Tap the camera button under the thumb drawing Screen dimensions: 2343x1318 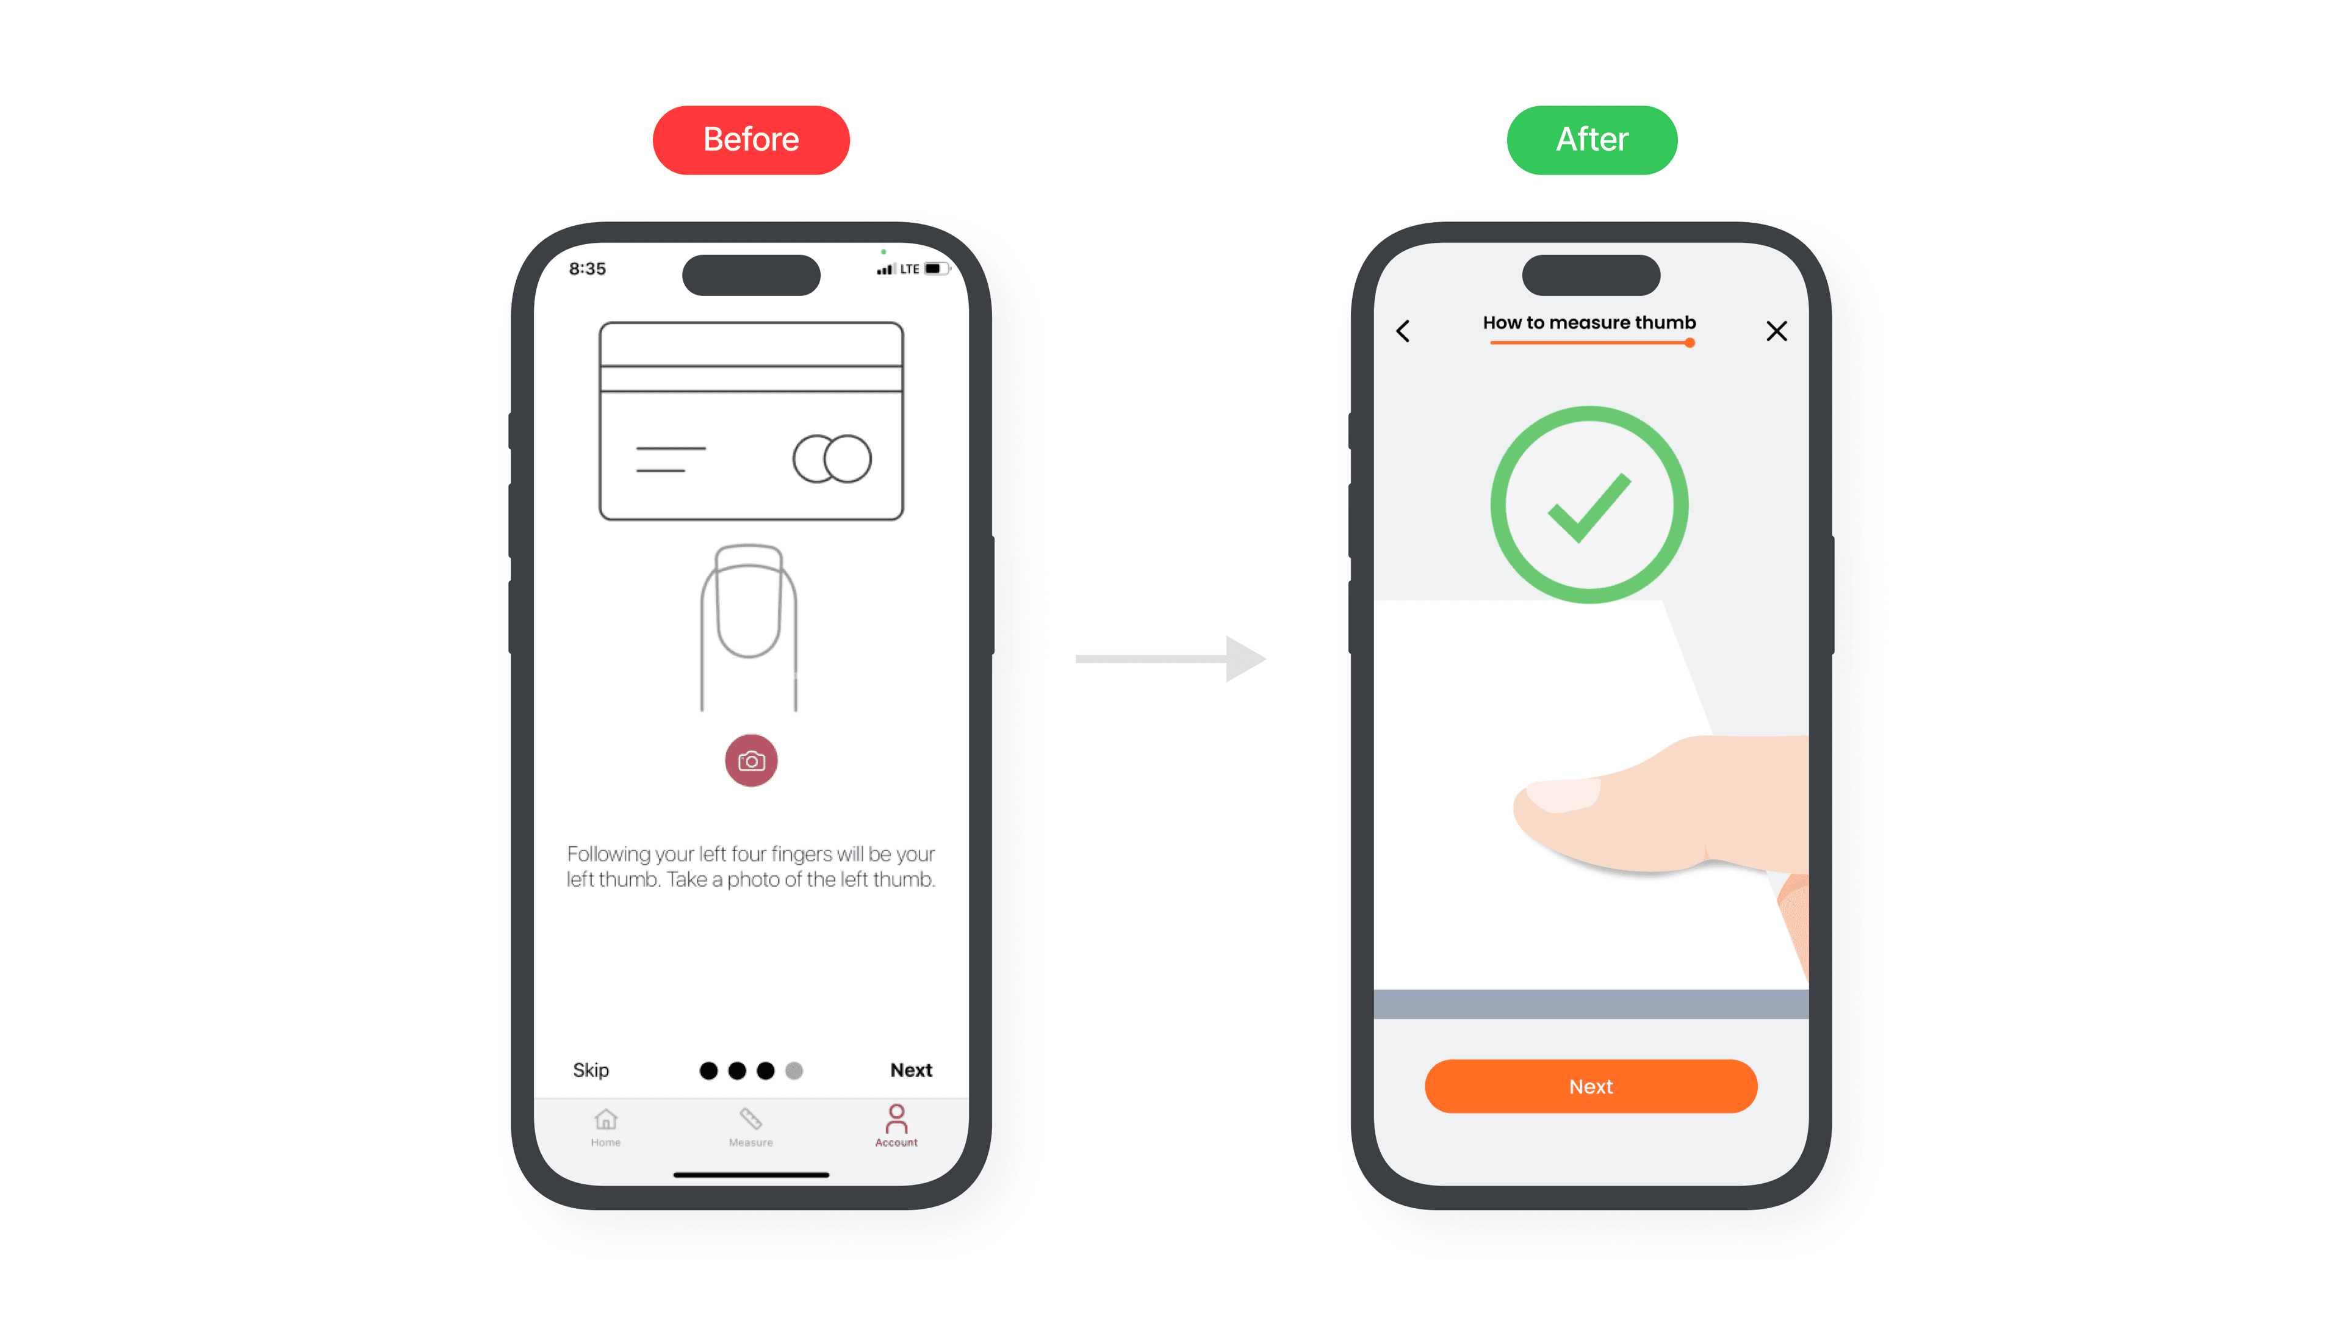click(750, 760)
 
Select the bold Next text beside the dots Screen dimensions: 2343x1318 click(910, 1070)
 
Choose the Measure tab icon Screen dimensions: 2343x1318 click(750, 1118)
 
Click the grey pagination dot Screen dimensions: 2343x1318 click(794, 1071)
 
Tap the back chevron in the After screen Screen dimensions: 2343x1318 click(1403, 331)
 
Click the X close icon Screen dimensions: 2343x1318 click(1776, 331)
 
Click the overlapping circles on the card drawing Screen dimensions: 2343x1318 click(831, 458)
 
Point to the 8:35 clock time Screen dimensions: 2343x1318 click(588, 269)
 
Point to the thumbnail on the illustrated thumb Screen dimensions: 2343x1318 click(1563, 794)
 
